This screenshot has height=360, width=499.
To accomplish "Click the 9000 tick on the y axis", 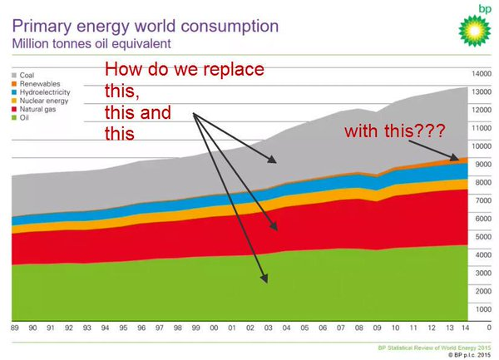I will (x=482, y=165).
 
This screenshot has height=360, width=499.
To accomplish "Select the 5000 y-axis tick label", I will (x=482, y=237).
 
